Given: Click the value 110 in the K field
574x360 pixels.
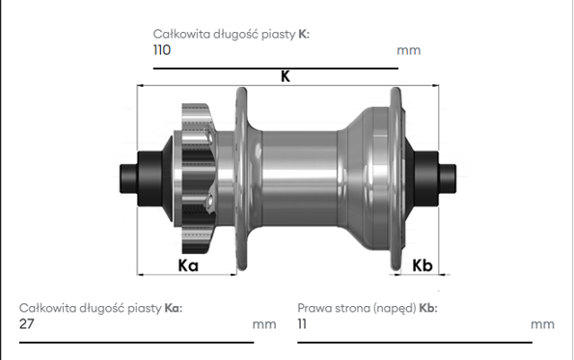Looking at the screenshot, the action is pyautogui.click(x=162, y=50).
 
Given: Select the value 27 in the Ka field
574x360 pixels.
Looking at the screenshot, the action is pyautogui.click(x=27, y=323).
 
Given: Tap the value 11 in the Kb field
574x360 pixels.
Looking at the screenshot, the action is pyautogui.click(x=302, y=323).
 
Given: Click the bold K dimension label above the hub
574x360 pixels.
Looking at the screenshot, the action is pyautogui.click(x=286, y=76).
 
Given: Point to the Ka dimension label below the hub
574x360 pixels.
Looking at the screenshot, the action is pyautogui.click(x=188, y=265).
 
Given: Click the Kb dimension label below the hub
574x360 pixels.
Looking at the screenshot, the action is pyautogui.click(x=423, y=265).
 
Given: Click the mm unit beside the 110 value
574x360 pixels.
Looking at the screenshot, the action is pyautogui.click(x=408, y=50).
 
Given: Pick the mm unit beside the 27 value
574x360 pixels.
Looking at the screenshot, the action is pyautogui.click(x=264, y=324).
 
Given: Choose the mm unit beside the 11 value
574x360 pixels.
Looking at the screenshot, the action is pyautogui.click(x=542, y=324).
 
